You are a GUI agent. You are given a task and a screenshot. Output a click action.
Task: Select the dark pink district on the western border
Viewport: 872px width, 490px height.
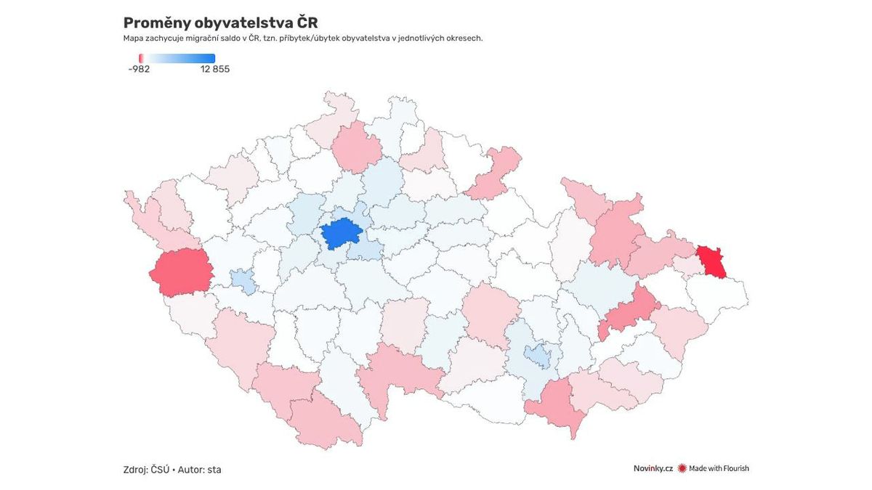tap(180, 273)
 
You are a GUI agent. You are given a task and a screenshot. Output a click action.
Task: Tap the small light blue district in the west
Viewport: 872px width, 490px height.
tap(244, 282)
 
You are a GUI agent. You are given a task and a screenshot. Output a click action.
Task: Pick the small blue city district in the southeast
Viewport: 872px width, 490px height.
tap(538, 356)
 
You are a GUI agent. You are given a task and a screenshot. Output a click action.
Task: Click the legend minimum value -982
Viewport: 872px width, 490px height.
tap(139, 70)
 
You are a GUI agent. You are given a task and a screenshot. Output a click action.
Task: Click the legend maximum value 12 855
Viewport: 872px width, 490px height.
tap(215, 70)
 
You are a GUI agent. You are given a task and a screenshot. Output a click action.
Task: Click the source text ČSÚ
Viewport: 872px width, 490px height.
tap(160, 470)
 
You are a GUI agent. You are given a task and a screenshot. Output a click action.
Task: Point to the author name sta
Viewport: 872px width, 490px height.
tap(214, 470)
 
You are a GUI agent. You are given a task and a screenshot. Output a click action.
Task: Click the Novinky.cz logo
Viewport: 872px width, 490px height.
tap(653, 468)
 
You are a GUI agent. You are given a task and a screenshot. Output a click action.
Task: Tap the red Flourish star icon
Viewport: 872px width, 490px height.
tap(682, 468)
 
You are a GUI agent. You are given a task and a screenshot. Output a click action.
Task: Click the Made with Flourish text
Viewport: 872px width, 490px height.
tap(719, 468)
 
